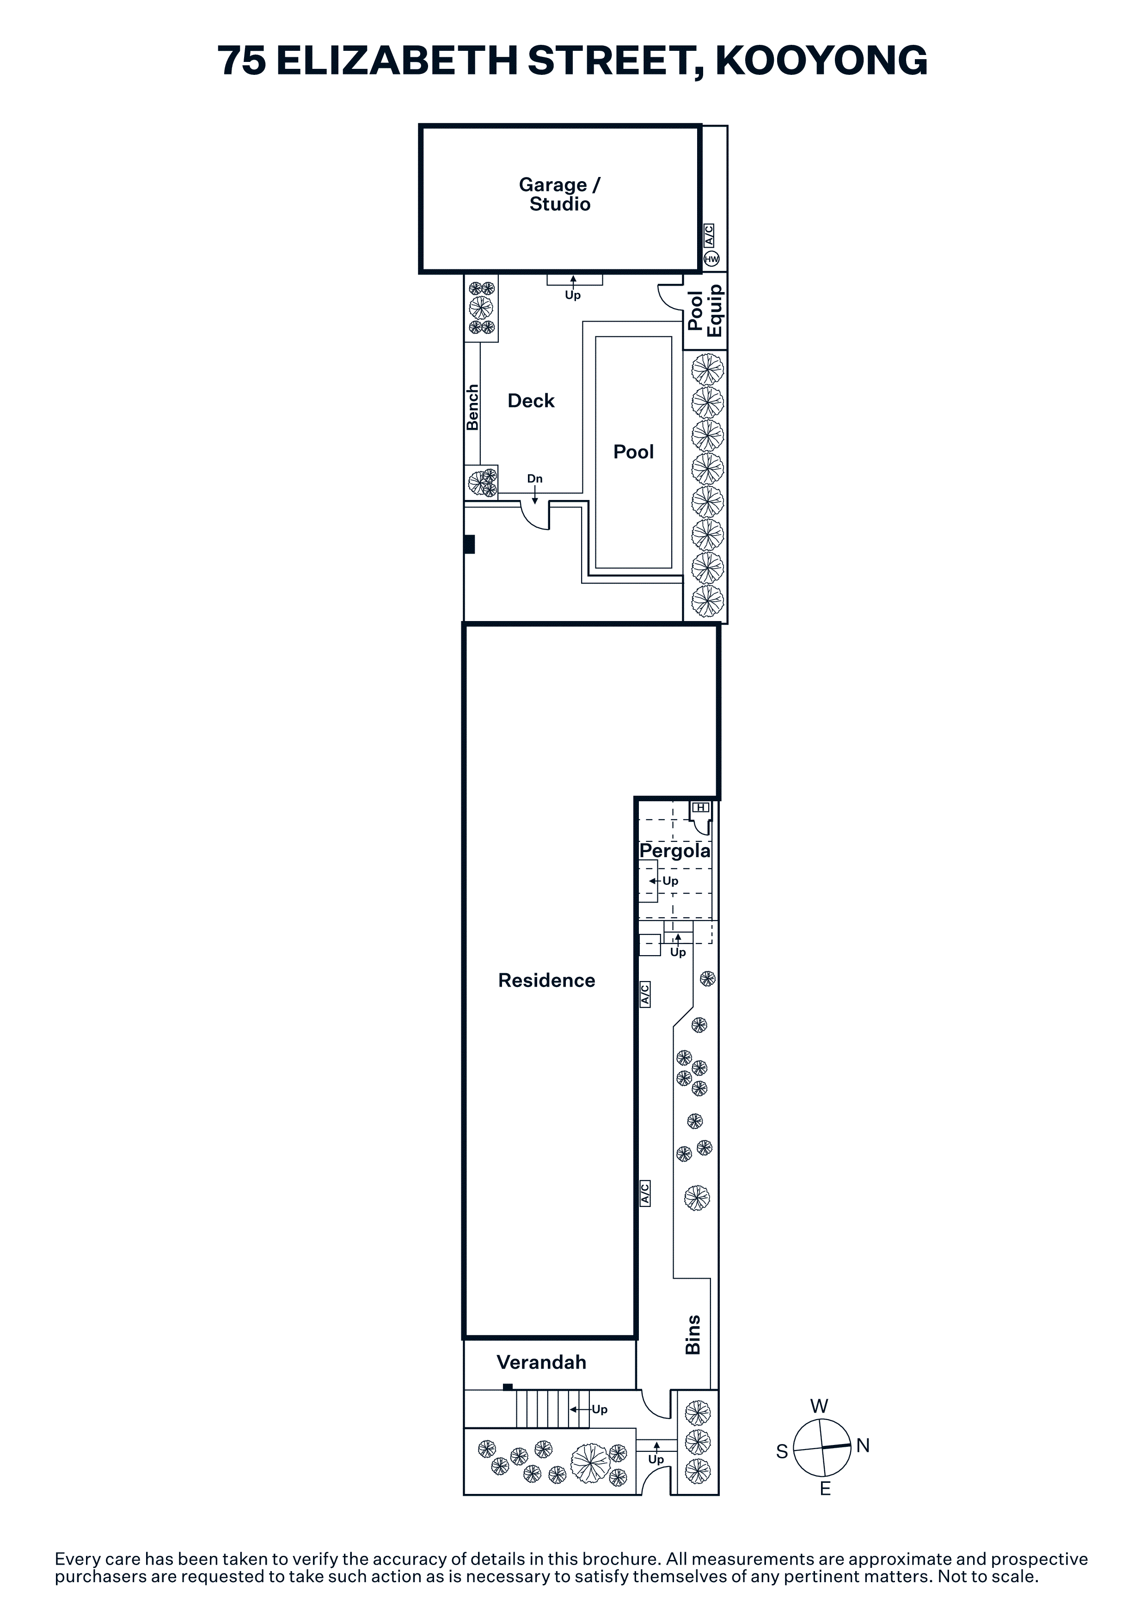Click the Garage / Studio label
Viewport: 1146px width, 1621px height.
point(559,194)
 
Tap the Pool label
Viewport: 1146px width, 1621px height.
point(633,452)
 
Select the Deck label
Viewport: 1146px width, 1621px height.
point(531,401)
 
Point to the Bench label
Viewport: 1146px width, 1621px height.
point(472,408)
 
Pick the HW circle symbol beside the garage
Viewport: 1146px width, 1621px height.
point(711,259)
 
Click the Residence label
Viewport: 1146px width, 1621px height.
point(546,980)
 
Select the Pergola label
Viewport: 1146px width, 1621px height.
point(674,851)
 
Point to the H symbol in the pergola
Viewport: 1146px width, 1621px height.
point(700,807)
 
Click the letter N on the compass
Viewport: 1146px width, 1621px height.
point(863,1445)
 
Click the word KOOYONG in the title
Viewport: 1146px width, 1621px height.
point(821,60)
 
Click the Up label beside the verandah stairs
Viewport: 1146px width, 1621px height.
point(600,1410)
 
